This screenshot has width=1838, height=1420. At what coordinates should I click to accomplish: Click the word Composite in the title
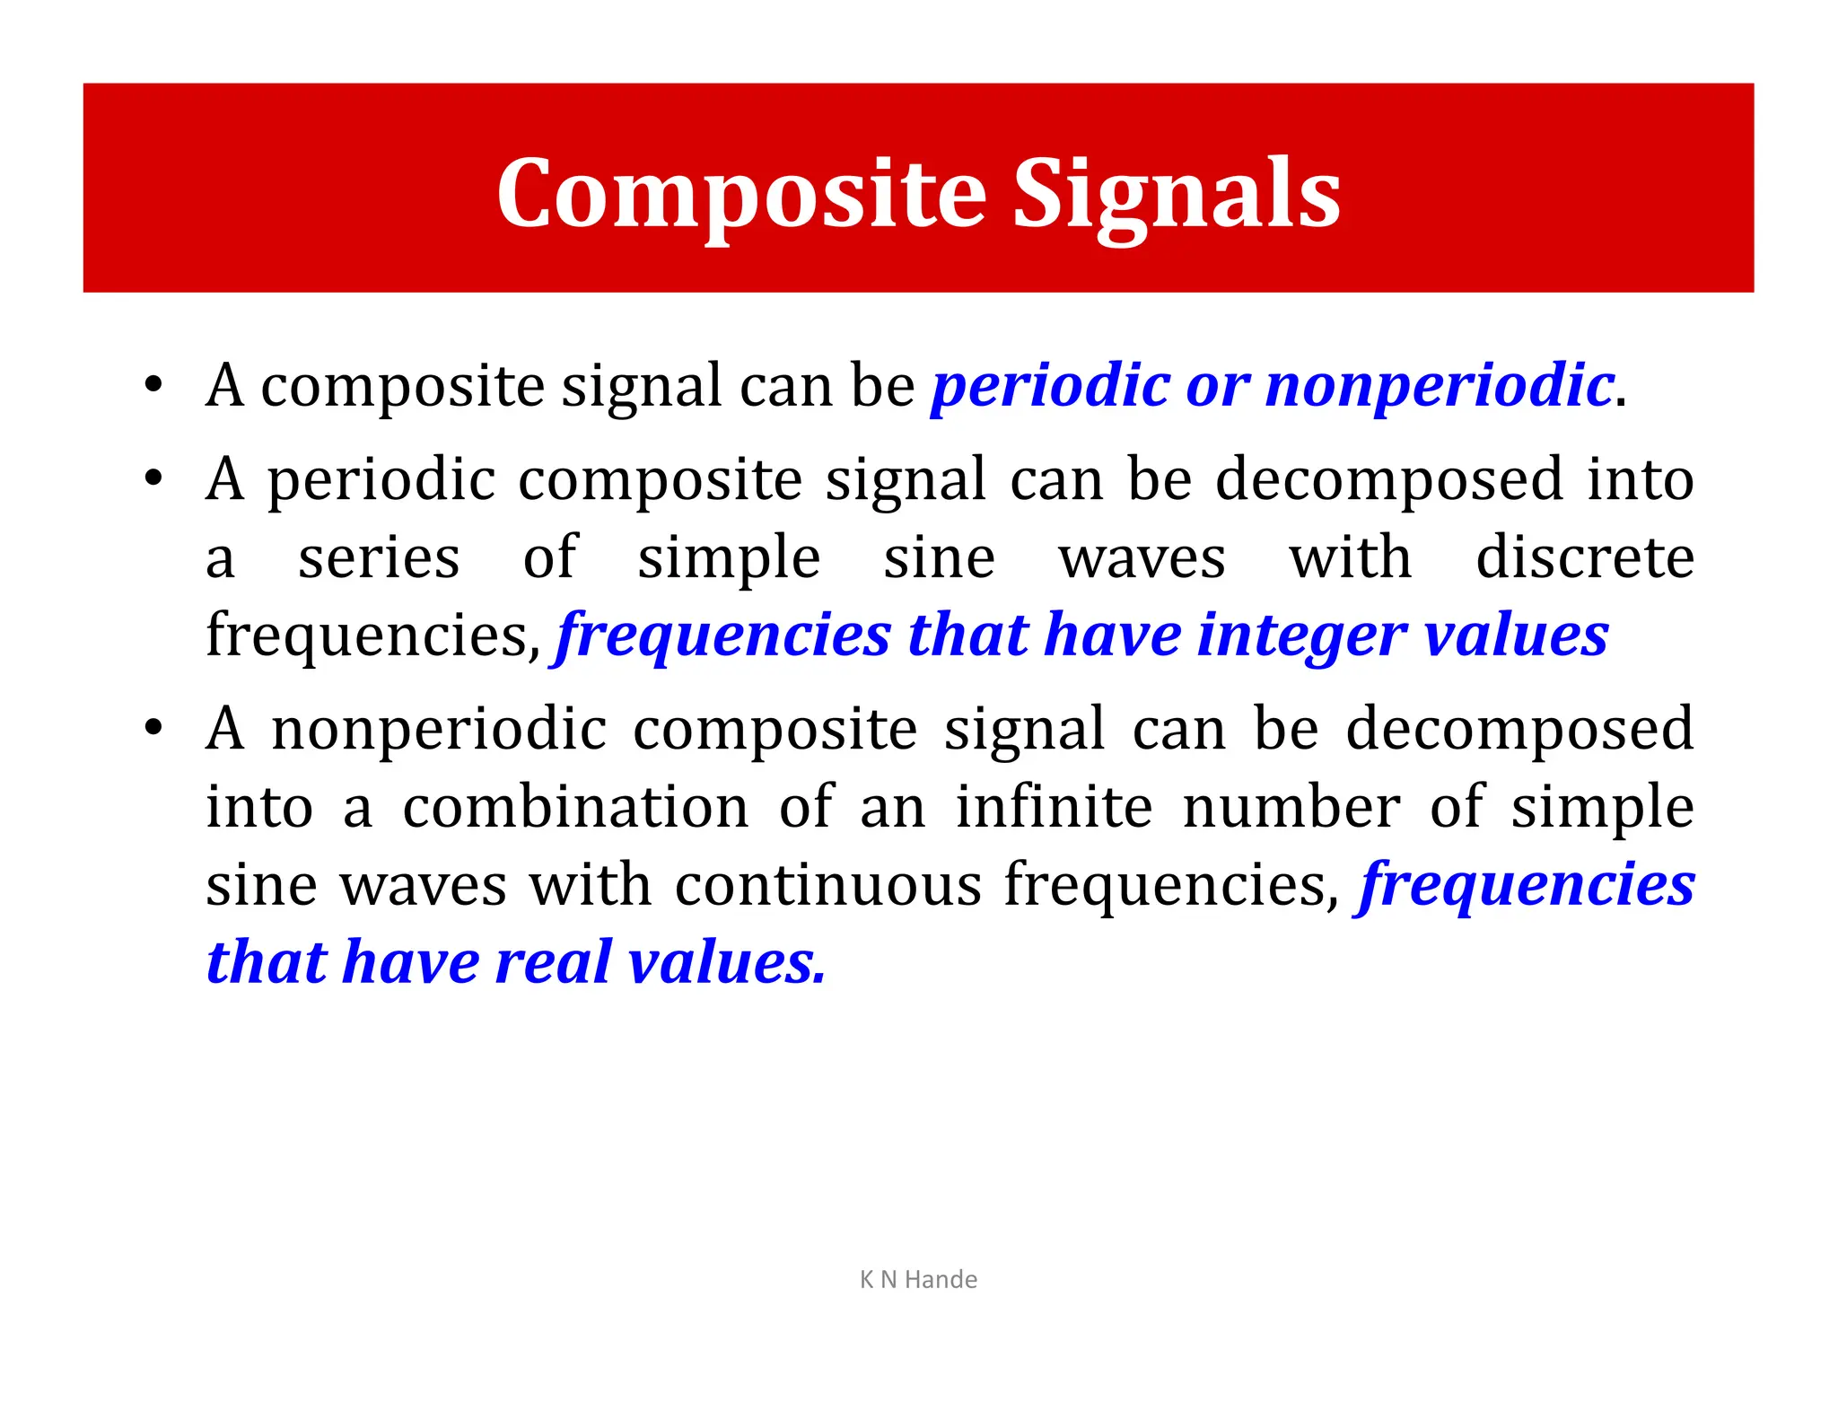(741, 194)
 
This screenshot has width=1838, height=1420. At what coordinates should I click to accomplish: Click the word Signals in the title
(1177, 194)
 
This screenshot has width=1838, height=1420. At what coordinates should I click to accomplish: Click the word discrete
(1585, 557)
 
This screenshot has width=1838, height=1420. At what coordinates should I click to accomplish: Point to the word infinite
(1054, 807)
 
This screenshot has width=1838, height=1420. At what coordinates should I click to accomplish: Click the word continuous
(828, 885)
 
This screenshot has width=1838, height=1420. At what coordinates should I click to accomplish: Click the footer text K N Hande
(918, 1279)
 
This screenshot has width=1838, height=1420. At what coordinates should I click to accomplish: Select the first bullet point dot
(153, 386)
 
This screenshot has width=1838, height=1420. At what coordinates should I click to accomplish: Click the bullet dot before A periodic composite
(153, 479)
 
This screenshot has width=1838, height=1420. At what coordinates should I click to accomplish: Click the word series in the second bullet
(379, 557)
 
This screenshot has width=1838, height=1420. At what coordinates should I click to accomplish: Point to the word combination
(575, 807)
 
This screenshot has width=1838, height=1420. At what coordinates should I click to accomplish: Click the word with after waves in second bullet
(1351, 557)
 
